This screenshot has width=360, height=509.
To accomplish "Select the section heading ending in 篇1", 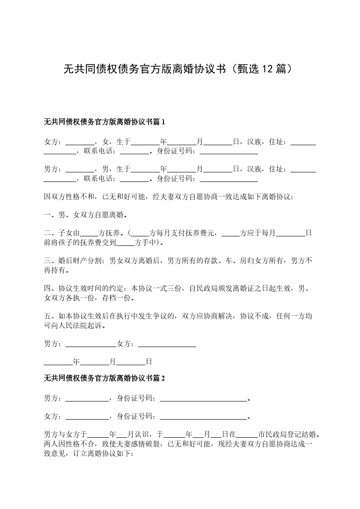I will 104,122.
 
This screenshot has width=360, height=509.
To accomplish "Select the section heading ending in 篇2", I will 104,378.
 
